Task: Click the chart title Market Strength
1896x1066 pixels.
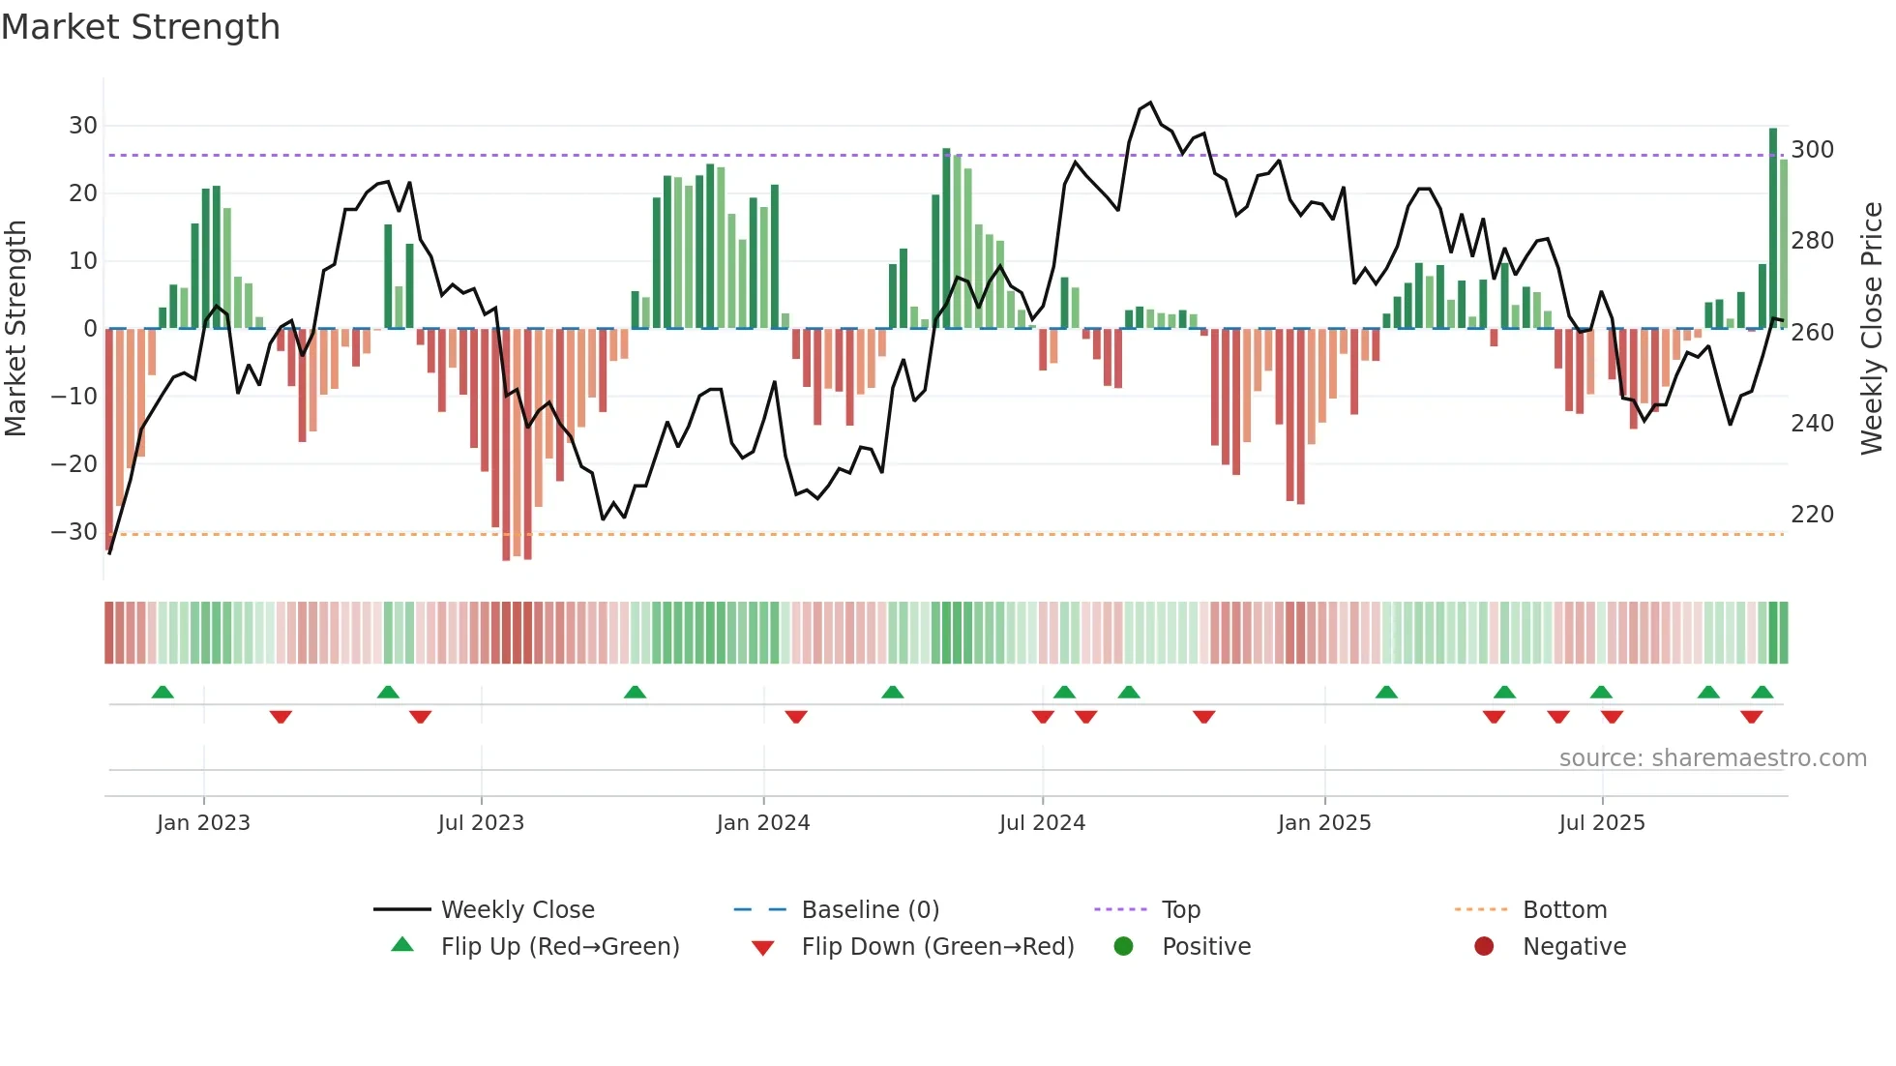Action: pos(140,27)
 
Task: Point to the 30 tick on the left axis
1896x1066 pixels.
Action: pos(82,126)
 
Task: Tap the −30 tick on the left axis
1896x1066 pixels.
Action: pos(75,532)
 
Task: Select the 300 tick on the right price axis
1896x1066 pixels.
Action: pos(1812,150)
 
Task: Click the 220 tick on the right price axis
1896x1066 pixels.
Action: pos(1812,515)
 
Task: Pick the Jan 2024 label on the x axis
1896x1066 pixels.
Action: pos(762,823)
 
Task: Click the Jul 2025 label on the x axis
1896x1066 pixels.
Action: pos(1601,823)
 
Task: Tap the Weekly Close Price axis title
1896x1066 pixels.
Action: pos(1872,329)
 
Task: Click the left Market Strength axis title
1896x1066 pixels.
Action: pos(16,329)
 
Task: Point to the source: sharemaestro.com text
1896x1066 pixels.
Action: pos(1712,758)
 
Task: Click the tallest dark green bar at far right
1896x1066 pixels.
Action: pos(1773,227)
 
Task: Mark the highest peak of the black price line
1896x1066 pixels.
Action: pos(1150,103)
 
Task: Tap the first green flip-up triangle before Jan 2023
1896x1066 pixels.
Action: pos(163,693)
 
